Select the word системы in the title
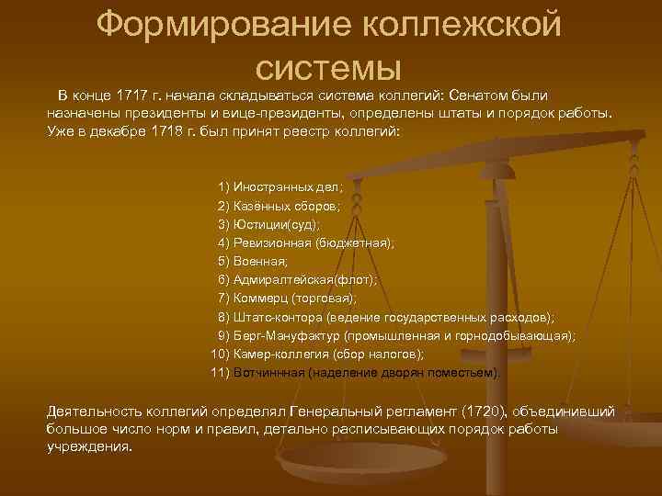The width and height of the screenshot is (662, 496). (x=330, y=66)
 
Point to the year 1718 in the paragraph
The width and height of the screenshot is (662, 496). (x=175, y=130)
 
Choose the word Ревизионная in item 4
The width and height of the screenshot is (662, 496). (x=272, y=242)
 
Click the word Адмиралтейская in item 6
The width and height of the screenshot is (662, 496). (x=281, y=279)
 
